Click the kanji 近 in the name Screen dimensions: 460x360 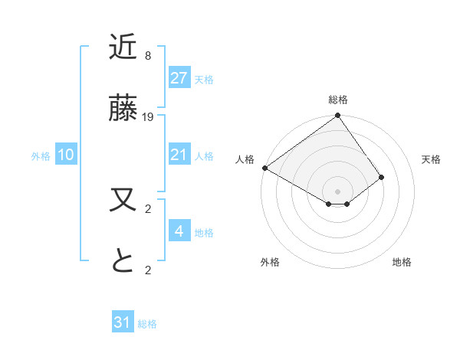click(x=123, y=47)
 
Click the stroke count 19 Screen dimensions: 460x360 click(x=148, y=117)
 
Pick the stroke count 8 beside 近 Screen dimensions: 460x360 click(x=148, y=56)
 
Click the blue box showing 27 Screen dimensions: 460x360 click(x=179, y=78)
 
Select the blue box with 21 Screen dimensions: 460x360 click(x=179, y=155)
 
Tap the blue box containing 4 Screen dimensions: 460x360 click(x=179, y=231)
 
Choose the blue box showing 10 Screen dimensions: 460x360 click(x=66, y=155)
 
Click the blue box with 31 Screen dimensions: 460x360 click(x=123, y=322)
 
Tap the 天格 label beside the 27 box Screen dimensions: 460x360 click(x=204, y=79)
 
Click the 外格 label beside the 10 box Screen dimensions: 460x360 click(x=41, y=156)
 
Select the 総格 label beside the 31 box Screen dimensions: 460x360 click(x=147, y=324)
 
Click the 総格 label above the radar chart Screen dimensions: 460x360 click(x=338, y=100)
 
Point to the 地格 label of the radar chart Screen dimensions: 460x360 click(x=402, y=262)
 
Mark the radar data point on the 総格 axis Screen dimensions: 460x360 click(x=338, y=116)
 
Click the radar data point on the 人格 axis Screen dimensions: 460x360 click(x=264, y=168)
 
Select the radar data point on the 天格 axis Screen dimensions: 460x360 click(x=382, y=177)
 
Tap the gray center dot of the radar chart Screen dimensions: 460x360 click(x=338, y=191)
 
